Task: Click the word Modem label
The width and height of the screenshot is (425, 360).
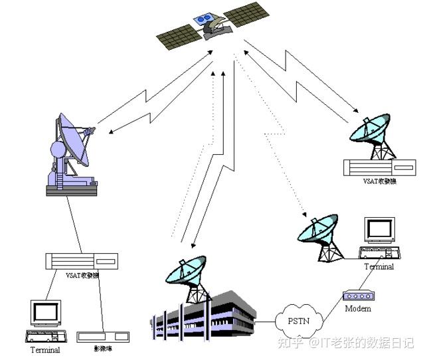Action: [x=358, y=309]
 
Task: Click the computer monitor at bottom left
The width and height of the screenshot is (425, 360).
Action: [x=46, y=313]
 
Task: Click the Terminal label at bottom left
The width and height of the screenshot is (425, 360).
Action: [x=45, y=349]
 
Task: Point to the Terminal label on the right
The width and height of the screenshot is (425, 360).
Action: [x=379, y=267]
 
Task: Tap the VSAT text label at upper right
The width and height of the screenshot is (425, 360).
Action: [x=379, y=181]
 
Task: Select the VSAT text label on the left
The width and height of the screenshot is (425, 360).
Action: [x=83, y=275]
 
